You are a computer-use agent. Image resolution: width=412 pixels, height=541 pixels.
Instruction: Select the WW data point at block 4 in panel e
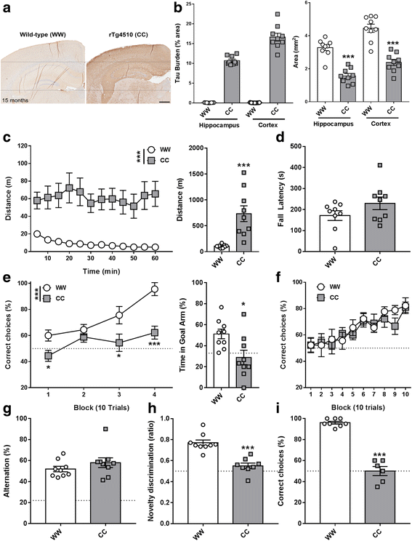[154, 289]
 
